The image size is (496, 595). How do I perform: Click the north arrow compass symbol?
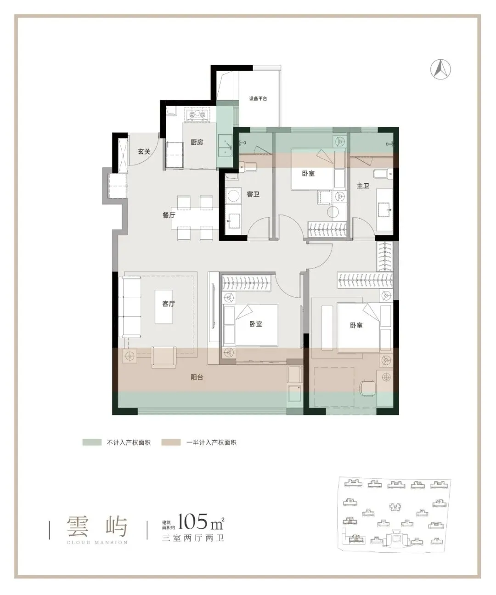point(440,69)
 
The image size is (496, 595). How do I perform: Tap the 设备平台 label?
point(258,99)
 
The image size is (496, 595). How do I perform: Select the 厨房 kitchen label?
point(197,142)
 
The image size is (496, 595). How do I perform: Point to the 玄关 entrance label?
point(144,151)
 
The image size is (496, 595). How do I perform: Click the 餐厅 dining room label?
point(169,215)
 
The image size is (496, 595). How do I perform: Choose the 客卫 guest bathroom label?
point(253,194)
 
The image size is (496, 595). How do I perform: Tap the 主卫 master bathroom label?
point(363,186)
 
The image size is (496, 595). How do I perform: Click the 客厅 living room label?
point(169,304)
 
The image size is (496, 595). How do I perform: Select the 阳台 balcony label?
point(197,377)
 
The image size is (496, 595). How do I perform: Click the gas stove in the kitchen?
point(197,114)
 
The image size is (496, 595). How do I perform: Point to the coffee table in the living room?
point(163,306)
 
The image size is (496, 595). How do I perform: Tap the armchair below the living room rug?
point(163,357)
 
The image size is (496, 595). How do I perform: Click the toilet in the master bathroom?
point(383,174)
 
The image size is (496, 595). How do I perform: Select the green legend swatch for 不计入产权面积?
point(92,442)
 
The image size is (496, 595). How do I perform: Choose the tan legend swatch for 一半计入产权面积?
point(171,442)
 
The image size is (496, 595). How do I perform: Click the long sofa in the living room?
point(132,307)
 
